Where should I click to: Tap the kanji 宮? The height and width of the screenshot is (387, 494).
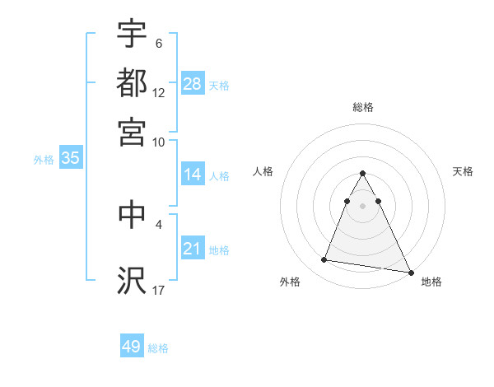(x=132, y=132)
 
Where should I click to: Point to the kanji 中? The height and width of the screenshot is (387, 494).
(x=132, y=213)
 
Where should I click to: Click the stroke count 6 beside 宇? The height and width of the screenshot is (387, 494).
(x=159, y=43)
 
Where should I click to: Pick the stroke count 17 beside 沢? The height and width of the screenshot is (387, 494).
(x=159, y=289)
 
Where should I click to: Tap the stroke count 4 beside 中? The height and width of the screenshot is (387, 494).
(x=159, y=223)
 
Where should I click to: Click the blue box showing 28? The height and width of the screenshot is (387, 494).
(x=193, y=84)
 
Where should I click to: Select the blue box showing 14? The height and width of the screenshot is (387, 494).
(x=193, y=175)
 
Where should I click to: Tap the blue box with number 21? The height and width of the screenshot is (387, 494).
(x=193, y=249)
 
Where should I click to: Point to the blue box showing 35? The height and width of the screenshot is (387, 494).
(x=70, y=159)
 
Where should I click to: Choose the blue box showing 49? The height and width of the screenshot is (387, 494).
(x=132, y=347)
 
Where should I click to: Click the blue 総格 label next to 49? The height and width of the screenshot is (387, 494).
(x=158, y=348)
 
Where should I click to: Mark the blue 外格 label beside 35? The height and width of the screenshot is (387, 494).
(x=44, y=160)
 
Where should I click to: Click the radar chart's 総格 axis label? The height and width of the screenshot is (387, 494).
(x=363, y=107)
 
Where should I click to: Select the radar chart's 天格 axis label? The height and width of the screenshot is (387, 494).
(x=464, y=171)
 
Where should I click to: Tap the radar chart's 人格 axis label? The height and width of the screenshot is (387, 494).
(x=263, y=171)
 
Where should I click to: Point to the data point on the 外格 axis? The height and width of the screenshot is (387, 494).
(x=324, y=260)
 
